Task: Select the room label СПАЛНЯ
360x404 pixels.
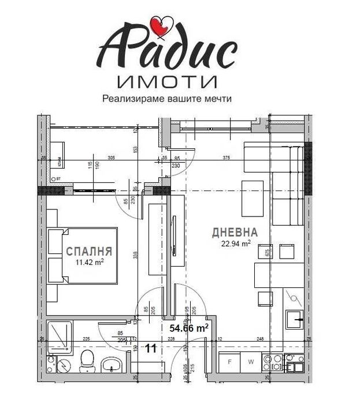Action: pos(88,252)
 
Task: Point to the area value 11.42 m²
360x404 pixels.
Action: pos(88,261)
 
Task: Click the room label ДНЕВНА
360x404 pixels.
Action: pos(235,233)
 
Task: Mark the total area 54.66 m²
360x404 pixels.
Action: pos(188,328)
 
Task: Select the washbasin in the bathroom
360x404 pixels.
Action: pos(111,364)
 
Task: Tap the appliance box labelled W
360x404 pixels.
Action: pos(251,362)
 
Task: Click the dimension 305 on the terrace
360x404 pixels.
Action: pos(112,158)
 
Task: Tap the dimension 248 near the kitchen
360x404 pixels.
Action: pos(261,339)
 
